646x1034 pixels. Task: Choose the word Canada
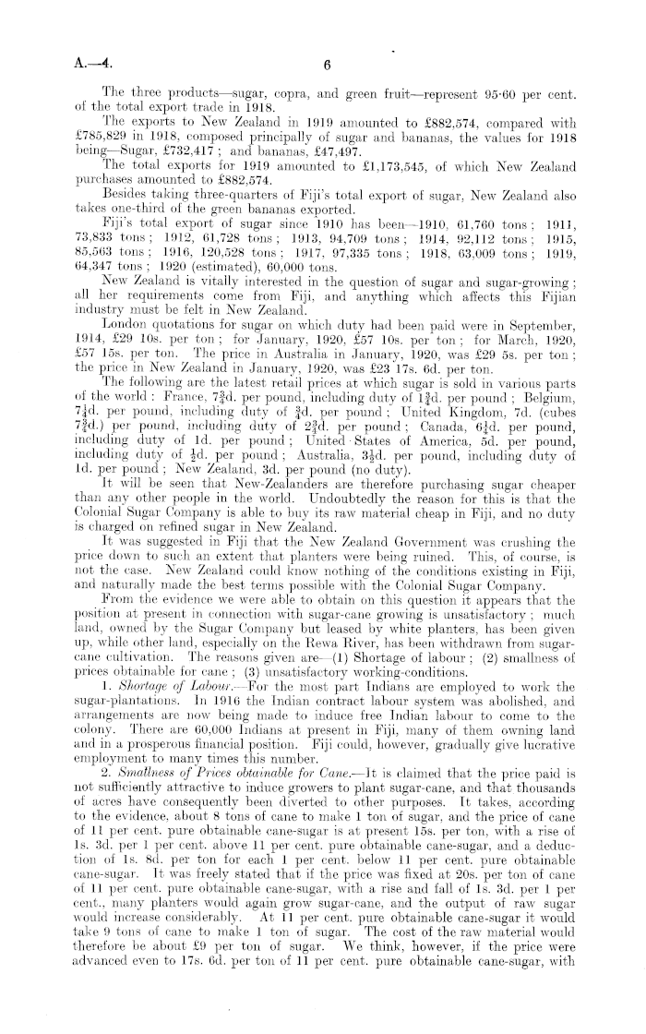pos(414,419)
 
